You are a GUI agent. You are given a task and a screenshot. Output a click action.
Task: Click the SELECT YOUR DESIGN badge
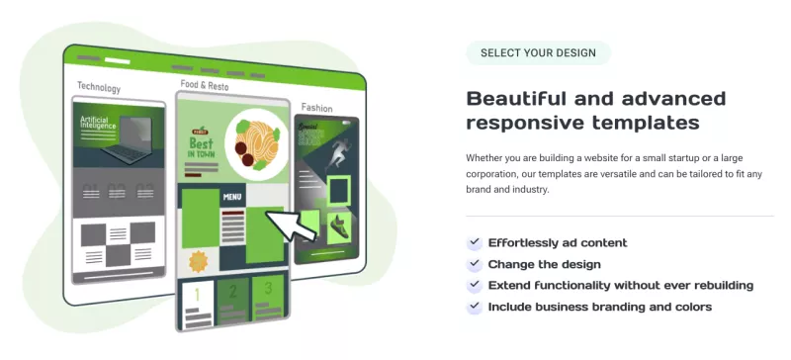538,52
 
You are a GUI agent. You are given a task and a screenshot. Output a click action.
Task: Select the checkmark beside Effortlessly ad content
474,243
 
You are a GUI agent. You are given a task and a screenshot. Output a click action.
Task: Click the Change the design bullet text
544,264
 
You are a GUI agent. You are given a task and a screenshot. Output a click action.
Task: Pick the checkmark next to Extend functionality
474,286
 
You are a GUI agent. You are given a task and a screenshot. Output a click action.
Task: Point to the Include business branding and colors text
599,307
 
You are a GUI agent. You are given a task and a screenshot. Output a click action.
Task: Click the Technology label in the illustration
99,88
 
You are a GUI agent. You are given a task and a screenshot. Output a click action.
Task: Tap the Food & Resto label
205,85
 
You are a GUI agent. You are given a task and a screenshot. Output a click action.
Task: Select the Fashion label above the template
316,108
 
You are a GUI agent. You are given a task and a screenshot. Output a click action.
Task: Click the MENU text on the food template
232,197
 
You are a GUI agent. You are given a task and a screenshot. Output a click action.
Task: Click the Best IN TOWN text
204,147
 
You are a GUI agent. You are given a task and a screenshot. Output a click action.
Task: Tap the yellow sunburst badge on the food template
198,261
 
